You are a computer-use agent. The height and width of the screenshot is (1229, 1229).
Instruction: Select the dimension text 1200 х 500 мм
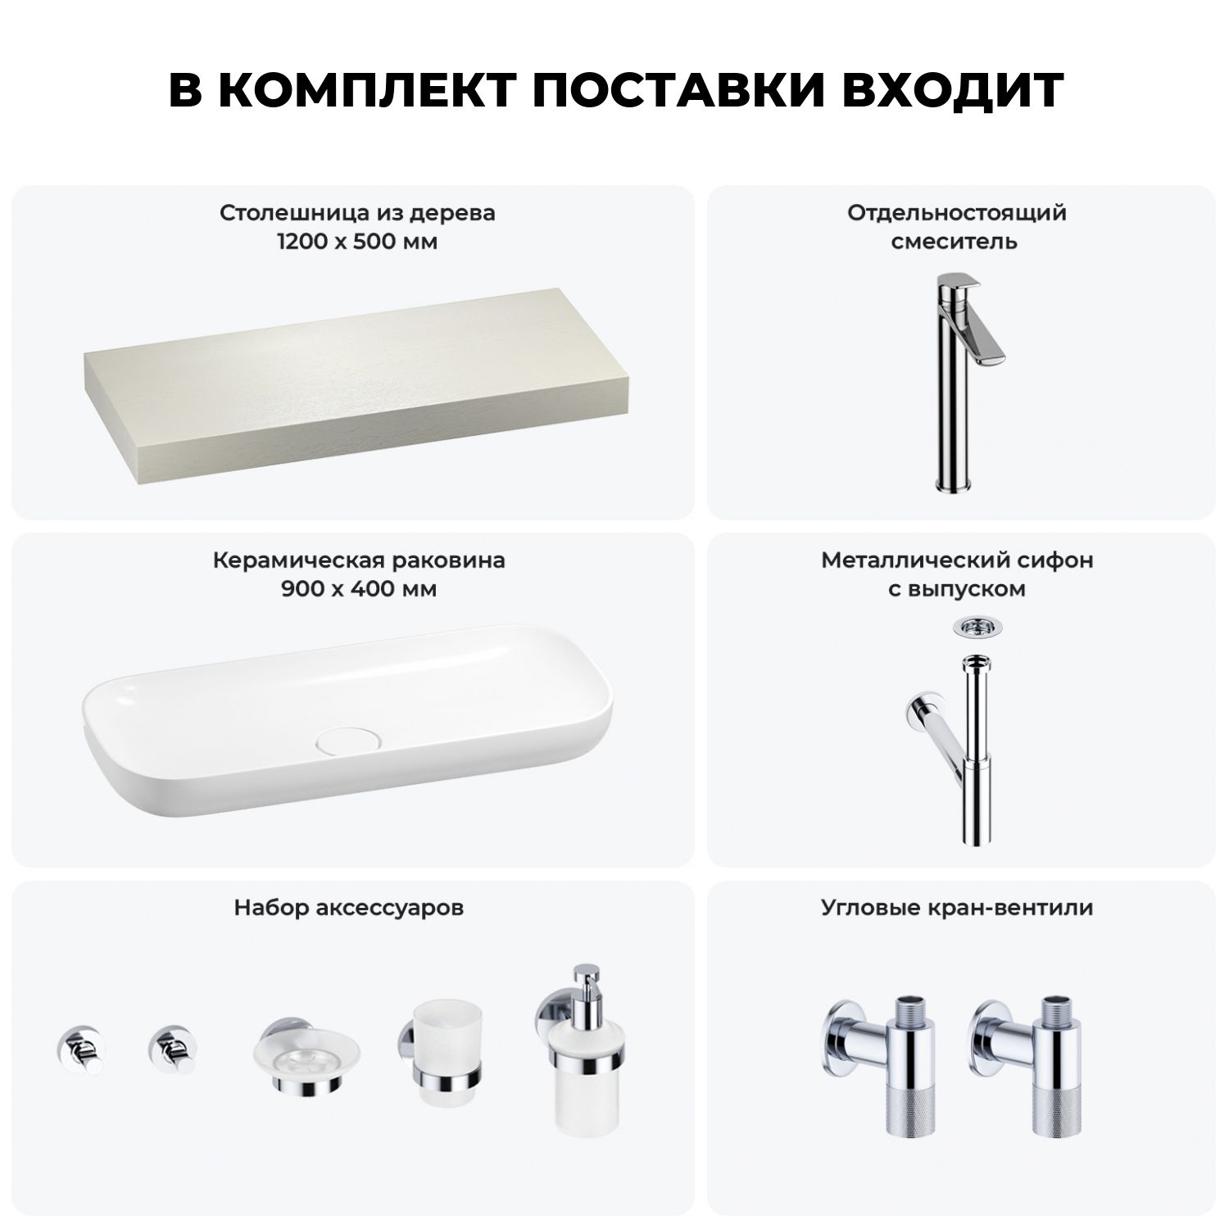point(357,243)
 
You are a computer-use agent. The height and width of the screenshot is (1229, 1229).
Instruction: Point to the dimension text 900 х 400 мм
point(359,590)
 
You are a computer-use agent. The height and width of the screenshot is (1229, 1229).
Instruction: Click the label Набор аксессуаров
point(349,908)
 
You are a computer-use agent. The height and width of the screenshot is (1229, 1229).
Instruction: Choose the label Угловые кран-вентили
point(957,908)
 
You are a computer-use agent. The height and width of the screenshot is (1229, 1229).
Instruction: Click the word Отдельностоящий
point(957,213)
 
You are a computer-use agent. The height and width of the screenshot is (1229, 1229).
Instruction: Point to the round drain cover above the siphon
point(973,626)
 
